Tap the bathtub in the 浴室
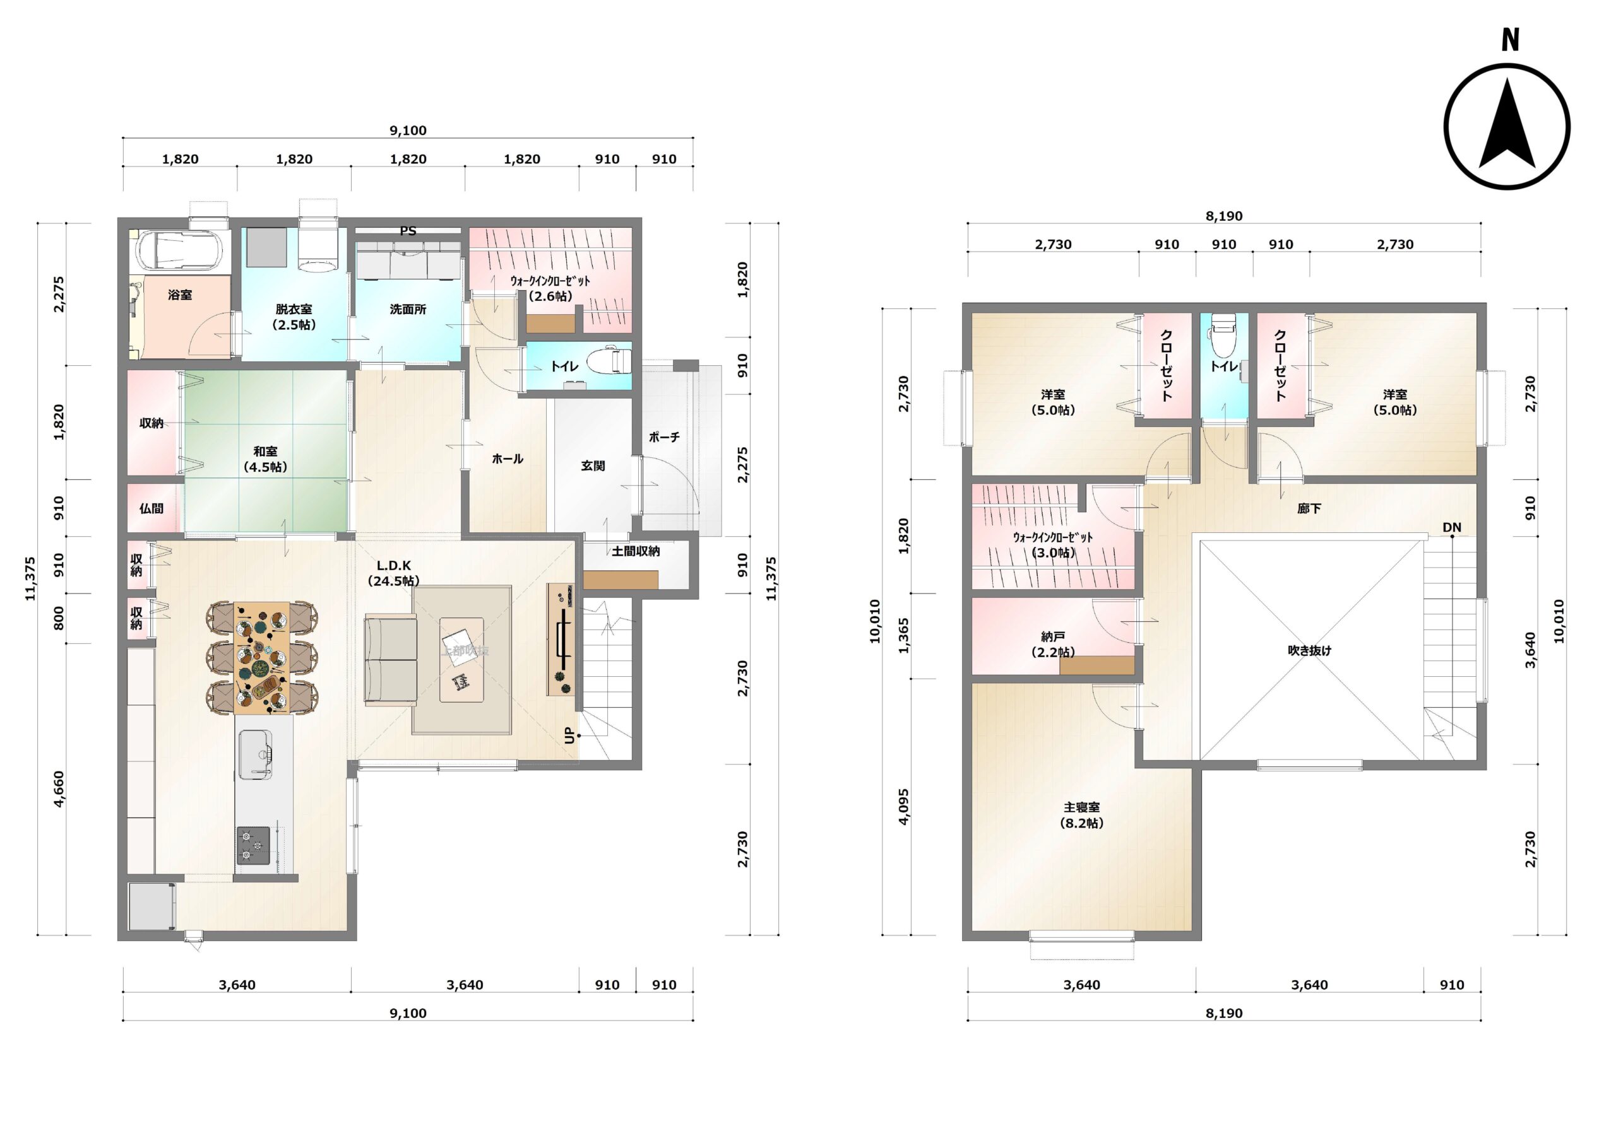tap(179, 250)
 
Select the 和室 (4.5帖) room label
tap(265, 459)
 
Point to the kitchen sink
tap(256, 754)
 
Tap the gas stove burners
tap(253, 845)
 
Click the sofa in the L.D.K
tap(391, 659)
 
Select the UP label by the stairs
tap(570, 735)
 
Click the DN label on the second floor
tap(1451, 527)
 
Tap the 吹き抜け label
tap(1309, 651)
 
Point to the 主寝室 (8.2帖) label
tap(1082, 815)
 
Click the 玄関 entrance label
tap(593, 465)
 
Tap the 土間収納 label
tap(636, 551)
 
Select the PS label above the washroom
tap(408, 231)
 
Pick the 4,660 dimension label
tap(59, 789)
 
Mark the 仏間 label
tap(151, 508)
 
